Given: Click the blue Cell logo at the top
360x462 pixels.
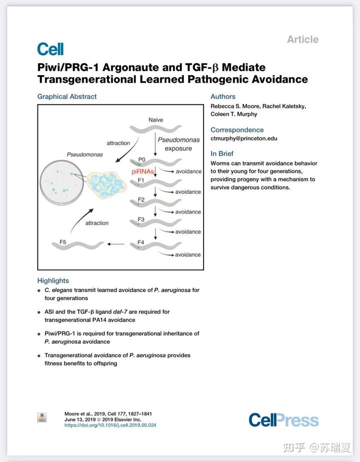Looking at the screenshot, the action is tap(50, 49).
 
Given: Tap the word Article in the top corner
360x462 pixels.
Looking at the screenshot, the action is tap(302, 39).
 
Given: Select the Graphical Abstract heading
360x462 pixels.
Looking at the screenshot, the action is tap(67, 96).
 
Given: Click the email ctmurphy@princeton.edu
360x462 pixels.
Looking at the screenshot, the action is tap(243, 138).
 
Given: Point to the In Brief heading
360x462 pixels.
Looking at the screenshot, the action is tap(222, 153).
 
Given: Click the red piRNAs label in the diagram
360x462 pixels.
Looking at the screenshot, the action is tap(142, 171).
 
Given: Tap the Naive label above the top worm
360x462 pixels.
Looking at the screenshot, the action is tap(155, 120).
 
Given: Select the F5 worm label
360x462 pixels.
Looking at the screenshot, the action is tap(62, 242).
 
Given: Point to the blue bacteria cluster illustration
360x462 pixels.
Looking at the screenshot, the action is tap(106, 185).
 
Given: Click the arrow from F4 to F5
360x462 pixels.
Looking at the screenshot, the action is tap(116, 244).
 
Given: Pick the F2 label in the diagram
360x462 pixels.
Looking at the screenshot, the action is tap(141, 199).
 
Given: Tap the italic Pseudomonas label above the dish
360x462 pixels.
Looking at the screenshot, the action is tap(85, 154).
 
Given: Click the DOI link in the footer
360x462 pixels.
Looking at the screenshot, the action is tap(110, 425).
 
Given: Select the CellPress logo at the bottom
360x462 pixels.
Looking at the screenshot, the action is tap(283, 420).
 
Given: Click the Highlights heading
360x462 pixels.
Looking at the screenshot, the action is tap(53, 280).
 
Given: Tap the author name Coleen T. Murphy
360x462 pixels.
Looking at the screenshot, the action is tap(233, 114).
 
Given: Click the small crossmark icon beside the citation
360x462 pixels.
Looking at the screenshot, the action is tap(42, 417).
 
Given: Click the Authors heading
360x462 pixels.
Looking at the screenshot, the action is tap(223, 96).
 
